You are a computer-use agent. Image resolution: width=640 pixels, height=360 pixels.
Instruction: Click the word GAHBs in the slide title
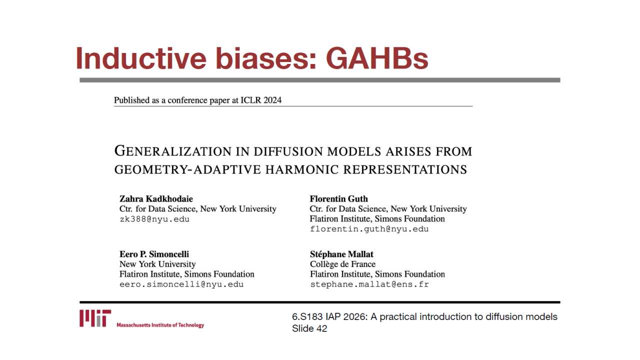377,58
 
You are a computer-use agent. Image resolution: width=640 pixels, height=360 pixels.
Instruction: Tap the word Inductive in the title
141,58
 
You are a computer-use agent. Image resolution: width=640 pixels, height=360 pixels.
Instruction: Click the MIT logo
95,318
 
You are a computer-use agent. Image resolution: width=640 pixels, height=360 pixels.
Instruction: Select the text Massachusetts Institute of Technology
160,325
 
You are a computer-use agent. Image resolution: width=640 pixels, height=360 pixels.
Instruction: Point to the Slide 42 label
309,328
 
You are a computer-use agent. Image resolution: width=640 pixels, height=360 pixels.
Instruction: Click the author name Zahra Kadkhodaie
156,198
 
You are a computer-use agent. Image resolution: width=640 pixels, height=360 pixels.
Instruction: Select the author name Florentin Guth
339,198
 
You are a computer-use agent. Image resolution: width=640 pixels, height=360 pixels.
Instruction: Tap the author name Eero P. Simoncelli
154,254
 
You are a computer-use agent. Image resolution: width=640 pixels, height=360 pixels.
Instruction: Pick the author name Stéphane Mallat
341,254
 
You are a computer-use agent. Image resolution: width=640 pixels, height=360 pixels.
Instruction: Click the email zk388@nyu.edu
154,219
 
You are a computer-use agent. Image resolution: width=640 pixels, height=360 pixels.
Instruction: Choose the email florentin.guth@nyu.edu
369,229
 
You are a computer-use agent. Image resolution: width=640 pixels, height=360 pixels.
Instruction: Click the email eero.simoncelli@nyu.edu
181,284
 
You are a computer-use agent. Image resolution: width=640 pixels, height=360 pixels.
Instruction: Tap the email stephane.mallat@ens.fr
369,284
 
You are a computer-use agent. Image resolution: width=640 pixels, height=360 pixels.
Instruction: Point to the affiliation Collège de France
343,264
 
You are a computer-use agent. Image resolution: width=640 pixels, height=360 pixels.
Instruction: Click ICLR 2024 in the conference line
261,100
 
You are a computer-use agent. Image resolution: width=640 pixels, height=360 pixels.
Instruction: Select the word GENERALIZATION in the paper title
173,151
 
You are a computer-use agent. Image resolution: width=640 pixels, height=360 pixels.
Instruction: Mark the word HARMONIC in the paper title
302,169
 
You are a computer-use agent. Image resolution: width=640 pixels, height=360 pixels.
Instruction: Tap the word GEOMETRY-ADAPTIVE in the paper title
187,169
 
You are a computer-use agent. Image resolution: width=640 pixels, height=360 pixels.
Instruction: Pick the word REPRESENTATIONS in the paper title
405,169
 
